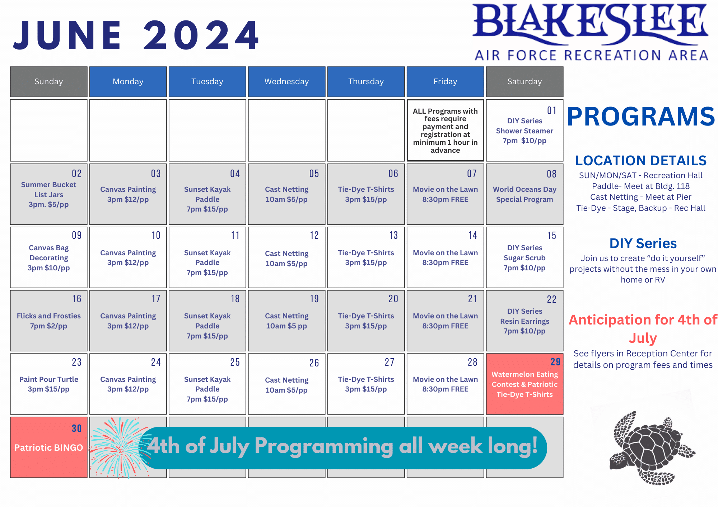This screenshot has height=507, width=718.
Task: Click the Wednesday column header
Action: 286,82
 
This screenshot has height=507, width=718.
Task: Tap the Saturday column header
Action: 524,82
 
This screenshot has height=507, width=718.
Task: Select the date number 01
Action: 551,110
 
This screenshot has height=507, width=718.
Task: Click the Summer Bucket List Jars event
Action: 49,195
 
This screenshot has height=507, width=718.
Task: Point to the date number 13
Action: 393,235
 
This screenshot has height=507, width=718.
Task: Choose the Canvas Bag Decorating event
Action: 49,258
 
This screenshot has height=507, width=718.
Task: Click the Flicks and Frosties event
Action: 49,321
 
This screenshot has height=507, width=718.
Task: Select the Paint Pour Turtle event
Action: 49,384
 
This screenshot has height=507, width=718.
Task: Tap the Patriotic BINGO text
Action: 49,447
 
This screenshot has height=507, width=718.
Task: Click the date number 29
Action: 555,362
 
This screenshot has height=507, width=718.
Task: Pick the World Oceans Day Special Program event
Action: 524,194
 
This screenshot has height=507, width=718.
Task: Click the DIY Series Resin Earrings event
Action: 524,321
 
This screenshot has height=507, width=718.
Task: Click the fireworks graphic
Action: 120,447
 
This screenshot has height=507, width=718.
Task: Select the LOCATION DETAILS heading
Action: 641,161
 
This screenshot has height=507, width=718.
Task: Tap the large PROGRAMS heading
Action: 641,117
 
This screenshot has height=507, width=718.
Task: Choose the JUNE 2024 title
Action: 136,35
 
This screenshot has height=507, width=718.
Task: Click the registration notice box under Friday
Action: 445,131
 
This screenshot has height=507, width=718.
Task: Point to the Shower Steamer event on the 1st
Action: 524,131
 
